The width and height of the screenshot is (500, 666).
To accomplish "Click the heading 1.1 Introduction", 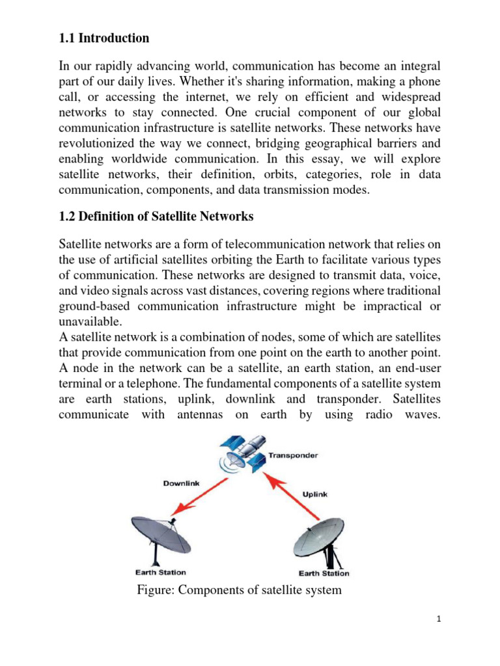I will tap(104, 38).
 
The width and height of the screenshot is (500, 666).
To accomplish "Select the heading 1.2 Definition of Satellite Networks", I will tap(156, 216).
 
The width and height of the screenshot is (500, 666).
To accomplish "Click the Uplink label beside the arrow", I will tap(315, 494).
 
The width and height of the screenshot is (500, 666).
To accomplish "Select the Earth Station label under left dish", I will tap(160, 572).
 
